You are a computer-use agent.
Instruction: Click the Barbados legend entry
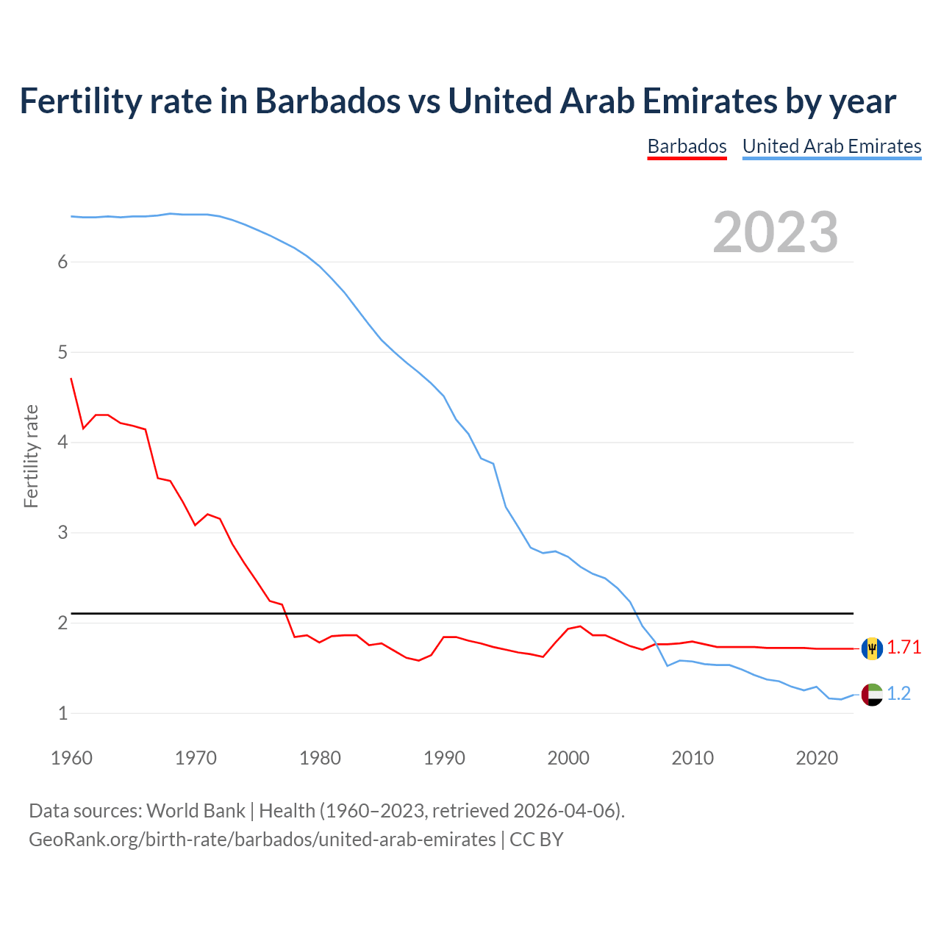coord(687,146)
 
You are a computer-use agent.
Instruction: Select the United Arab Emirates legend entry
coord(831,146)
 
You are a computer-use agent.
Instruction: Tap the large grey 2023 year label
coord(775,232)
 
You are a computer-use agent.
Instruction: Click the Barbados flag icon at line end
coord(872,648)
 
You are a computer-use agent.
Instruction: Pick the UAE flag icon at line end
coord(872,694)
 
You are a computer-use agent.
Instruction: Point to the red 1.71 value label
coord(904,648)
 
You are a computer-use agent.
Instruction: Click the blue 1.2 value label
coord(898,694)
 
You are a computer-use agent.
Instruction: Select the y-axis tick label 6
coord(62,262)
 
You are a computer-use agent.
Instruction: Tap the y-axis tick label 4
coord(62,443)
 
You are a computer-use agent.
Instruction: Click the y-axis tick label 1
coord(62,713)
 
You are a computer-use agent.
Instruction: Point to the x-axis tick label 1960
coord(71,758)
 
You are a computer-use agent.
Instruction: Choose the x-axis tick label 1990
coord(444,758)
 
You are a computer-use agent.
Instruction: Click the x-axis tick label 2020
coord(817,758)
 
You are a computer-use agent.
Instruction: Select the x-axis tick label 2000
coord(568,758)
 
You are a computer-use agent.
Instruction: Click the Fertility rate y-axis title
coord(31,456)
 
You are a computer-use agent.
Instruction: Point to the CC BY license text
coord(536,840)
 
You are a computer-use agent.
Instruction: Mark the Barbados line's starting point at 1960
coord(71,379)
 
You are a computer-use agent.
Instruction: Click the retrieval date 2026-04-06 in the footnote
coord(563,811)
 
